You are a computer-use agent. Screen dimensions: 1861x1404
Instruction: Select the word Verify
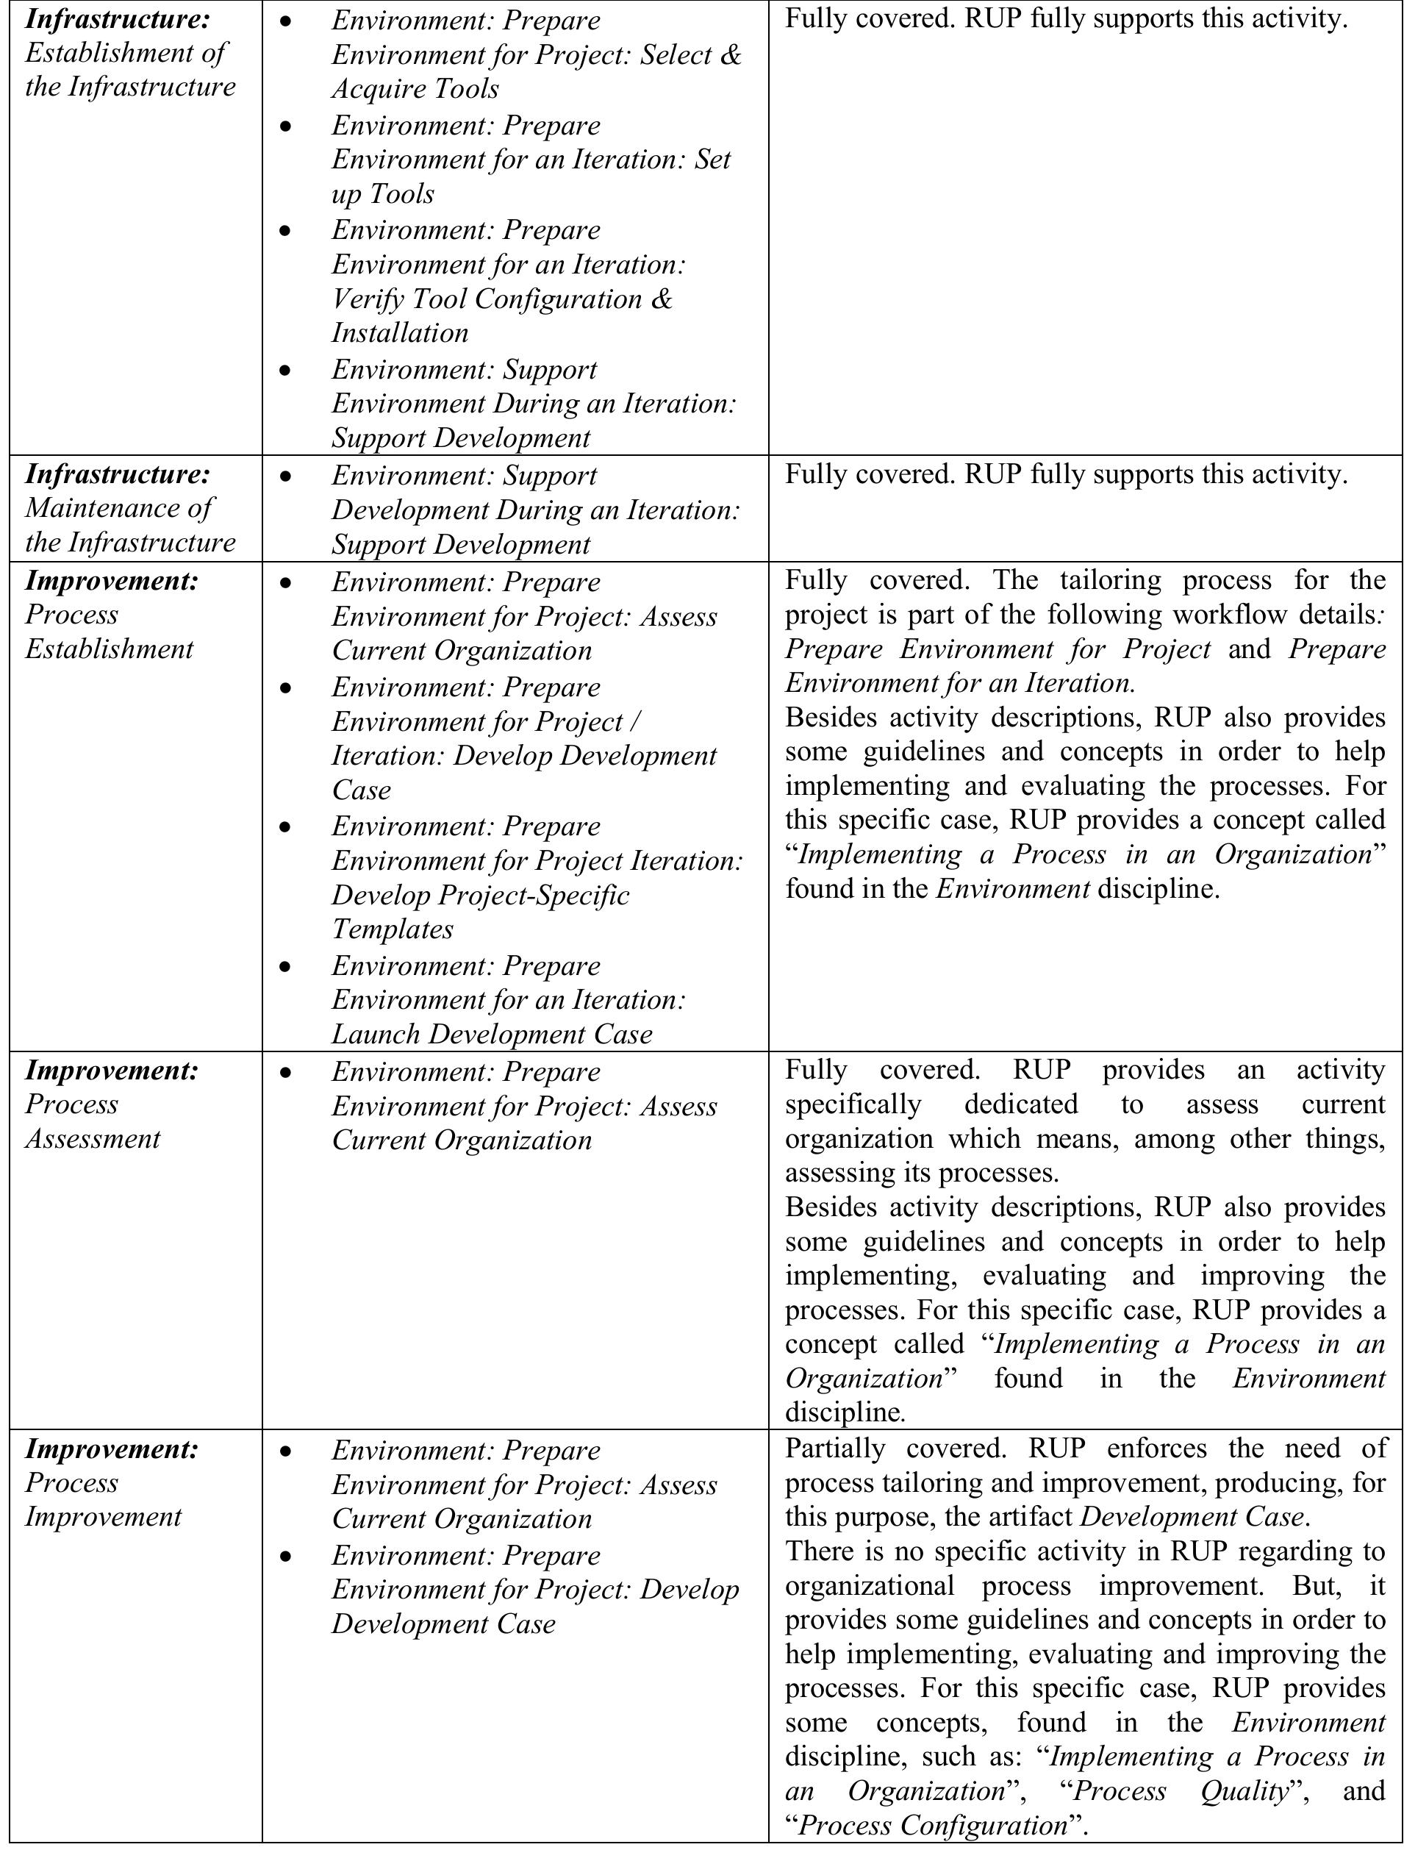pos(368,299)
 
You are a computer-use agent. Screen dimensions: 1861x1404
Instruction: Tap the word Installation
pos(400,333)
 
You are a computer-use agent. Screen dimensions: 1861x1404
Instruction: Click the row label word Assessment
pos(93,1138)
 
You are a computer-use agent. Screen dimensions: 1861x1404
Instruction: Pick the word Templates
pos(392,929)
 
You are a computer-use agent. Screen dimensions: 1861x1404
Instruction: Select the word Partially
pos(834,1448)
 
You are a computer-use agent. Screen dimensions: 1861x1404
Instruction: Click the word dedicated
pos(1020,1104)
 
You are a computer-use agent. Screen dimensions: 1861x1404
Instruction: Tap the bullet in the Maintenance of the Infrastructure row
pos(286,476)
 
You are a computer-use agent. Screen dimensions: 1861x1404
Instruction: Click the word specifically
pos(853,1104)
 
